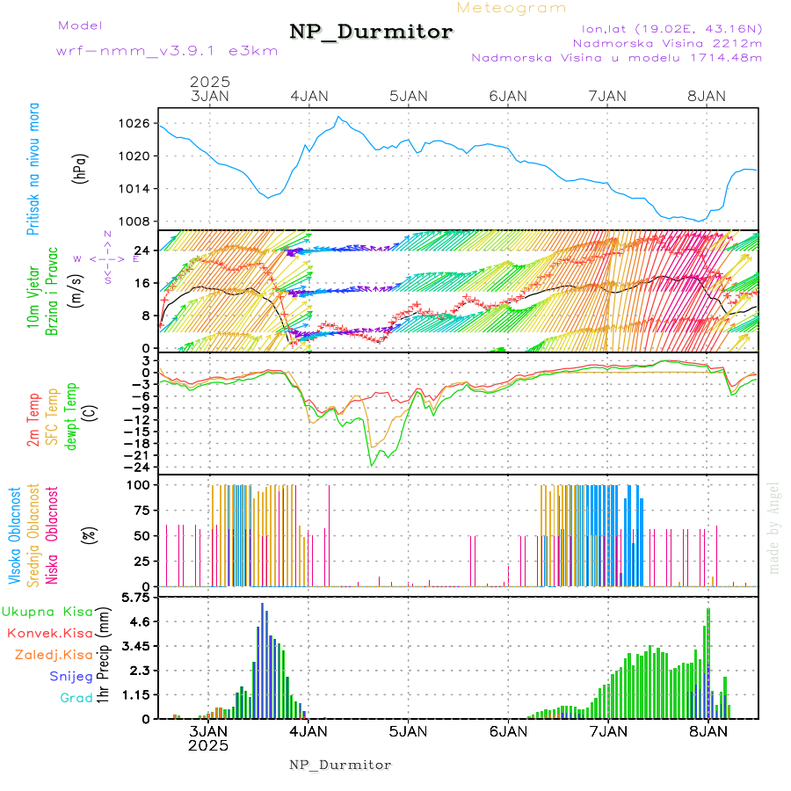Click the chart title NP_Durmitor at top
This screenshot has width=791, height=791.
click(371, 33)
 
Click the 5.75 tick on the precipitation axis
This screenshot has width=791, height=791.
click(137, 598)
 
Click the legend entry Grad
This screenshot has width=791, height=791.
click(76, 698)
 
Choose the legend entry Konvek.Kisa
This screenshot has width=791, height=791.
click(49, 633)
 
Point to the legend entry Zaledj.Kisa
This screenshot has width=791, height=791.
click(54, 655)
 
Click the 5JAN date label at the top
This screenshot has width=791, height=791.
click(408, 96)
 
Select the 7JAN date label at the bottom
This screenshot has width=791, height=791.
click(607, 730)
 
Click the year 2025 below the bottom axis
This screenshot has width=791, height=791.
click(208, 745)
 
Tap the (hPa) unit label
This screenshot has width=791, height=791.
click(82, 168)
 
